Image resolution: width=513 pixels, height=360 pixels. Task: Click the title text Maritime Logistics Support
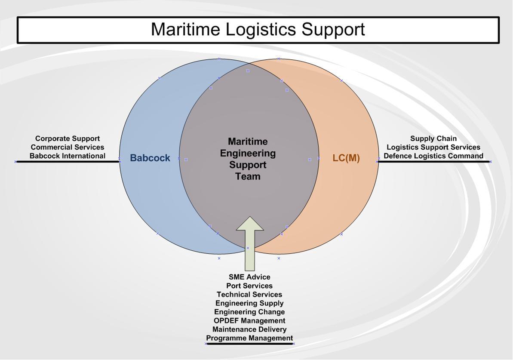coord(258,29)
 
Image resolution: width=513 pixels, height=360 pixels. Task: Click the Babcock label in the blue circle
coord(150,158)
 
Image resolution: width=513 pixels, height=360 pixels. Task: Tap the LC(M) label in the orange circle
coord(346,158)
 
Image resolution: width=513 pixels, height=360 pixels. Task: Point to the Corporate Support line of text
coord(68,138)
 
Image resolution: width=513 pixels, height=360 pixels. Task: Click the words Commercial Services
coord(68,147)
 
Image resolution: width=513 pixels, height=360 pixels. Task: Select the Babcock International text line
coord(68,156)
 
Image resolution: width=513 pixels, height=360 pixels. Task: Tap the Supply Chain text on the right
coord(433,138)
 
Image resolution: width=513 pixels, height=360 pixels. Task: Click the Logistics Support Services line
coord(433,147)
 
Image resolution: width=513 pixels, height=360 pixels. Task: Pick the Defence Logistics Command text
coord(433,156)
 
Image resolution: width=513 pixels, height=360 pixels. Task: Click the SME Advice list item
coord(249,277)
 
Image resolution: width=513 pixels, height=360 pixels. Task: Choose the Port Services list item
coord(249,286)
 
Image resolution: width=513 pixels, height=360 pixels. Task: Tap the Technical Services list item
coord(249,295)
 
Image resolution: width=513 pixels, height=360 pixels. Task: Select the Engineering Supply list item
coord(249,303)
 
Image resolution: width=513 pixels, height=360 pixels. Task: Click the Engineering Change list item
coord(249,312)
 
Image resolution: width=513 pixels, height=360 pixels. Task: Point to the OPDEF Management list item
coord(249,320)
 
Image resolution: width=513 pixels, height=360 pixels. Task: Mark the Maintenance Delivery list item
coord(249,329)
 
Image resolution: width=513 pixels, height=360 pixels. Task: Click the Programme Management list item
coord(249,338)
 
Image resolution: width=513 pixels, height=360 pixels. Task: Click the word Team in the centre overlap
coord(248,176)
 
